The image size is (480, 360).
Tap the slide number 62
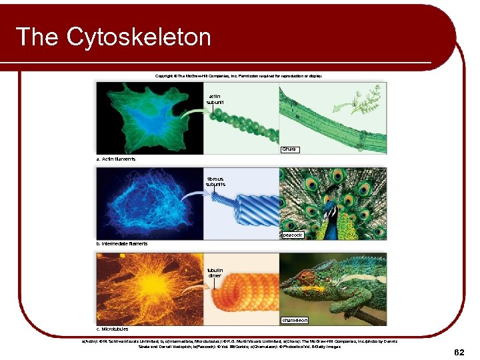[x=459, y=351]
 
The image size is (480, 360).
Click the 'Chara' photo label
[x=289, y=149]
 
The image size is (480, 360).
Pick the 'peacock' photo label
[x=292, y=235]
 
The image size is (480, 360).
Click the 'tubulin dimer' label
[x=215, y=273]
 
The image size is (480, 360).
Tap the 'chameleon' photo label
[x=294, y=320]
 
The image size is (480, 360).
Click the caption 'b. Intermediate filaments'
[x=122, y=244]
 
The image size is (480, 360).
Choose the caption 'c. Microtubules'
[x=113, y=329]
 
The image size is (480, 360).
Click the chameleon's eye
[x=308, y=275]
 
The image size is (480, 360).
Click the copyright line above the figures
[x=238, y=76]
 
